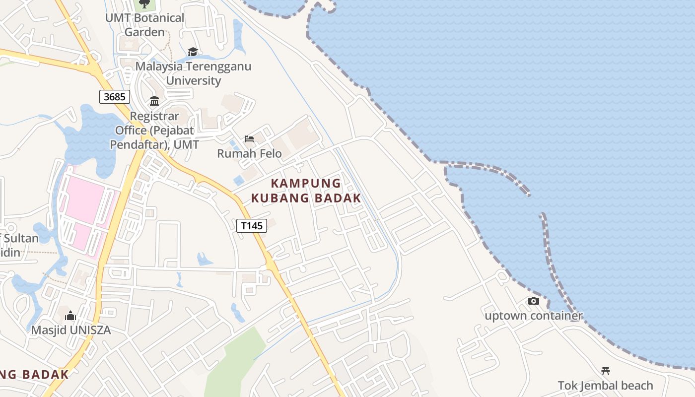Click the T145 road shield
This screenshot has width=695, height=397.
[x=252, y=226]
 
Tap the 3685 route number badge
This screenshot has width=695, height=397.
[x=115, y=96]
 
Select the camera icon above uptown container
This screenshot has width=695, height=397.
[x=533, y=301]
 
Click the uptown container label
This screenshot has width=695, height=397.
[x=533, y=316]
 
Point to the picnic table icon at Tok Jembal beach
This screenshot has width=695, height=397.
[x=605, y=371]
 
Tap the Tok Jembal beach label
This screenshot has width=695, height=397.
[x=605, y=385]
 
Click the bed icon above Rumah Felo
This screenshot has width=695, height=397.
[x=249, y=139]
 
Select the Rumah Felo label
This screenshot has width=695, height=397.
[x=249, y=153]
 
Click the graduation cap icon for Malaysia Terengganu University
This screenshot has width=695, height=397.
[x=193, y=52]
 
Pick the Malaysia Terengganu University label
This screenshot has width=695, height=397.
[x=194, y=73]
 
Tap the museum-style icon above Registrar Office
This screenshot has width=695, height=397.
[x=154, y=101]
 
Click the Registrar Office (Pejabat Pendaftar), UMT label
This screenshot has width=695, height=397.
[x=154, y=131]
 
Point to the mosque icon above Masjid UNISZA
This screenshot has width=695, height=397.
[x=70, y=316]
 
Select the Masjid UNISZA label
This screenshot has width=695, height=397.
[x=71, y=330]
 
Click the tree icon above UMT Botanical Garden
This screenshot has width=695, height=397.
[x=144, y=4]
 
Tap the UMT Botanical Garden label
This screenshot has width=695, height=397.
[x=144, y=25]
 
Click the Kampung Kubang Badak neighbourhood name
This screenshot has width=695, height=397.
[x=306, y=191]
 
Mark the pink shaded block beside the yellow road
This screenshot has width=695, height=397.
[x=84, y=208]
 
